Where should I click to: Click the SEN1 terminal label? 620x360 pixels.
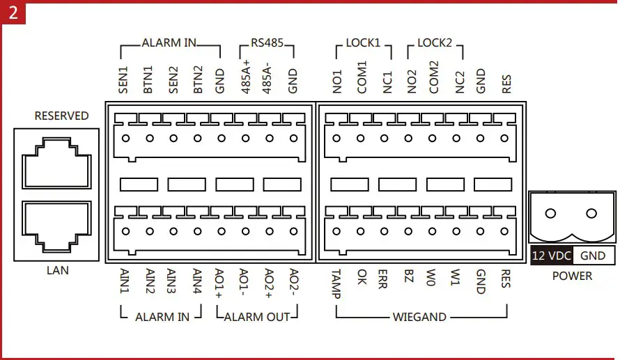click(124, 80)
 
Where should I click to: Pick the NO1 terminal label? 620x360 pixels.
click(336, 80)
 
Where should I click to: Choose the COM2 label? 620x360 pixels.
click(434, 77)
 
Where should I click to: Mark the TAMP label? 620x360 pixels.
click(336, 283)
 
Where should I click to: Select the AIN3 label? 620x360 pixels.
click(173, 282)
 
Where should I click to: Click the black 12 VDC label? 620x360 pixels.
click(551, 256)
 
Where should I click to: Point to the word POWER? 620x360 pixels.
click(572, 276)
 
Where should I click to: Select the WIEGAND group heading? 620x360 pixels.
click(419, 317)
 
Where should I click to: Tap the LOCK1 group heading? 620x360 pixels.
click(363, 43)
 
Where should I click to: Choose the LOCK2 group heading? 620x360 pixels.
click(435, 43)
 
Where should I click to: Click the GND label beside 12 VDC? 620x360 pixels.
click(593, 256)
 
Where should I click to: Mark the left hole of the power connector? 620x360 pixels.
click(550, 214)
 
